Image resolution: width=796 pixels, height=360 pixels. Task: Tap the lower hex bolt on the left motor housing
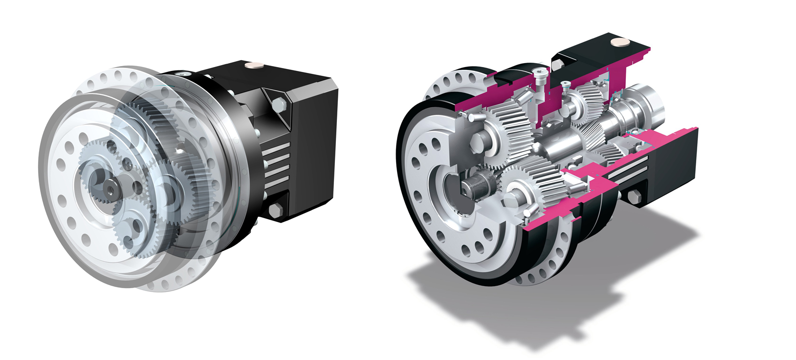(x=275, y=211)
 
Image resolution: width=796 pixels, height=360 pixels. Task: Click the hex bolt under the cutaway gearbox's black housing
(x=632, y=198)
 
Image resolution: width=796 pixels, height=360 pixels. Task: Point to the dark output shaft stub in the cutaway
(x=474, y=186)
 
